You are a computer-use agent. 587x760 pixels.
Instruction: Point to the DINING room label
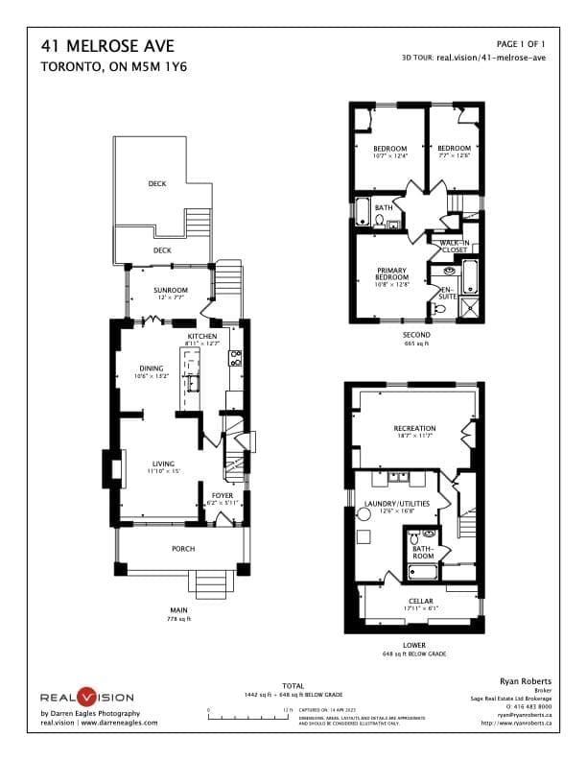coord(150,368)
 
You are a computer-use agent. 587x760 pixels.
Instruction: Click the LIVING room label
coord(163,465)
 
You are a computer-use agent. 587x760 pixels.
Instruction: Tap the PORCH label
coord(183,550)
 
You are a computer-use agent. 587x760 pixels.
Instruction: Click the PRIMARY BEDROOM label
coord(392,273)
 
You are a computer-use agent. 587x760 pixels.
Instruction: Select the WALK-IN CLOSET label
coord(454,246)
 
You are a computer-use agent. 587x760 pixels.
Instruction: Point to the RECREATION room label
coord(414,428)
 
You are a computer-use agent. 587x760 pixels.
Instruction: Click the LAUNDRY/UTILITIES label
coord(387,504)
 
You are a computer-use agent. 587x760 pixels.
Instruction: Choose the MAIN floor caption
coord(177,609)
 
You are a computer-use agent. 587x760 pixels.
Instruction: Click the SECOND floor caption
coord(415,336)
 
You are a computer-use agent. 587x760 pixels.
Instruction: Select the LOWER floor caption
coord(414,645)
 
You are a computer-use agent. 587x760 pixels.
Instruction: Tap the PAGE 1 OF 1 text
coord(521,44)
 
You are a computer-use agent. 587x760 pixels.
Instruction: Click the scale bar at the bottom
coord(248,715)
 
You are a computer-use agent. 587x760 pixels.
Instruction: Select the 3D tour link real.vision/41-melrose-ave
coord(491,58)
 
